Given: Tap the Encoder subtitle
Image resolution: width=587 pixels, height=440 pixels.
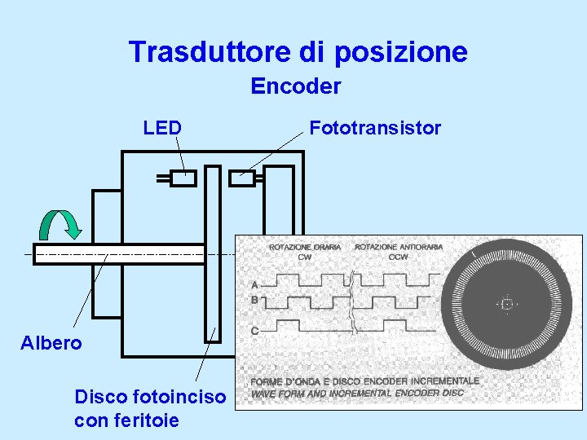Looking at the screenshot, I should [295, 86].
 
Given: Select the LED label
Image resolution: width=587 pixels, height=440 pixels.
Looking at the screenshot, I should [161, 128].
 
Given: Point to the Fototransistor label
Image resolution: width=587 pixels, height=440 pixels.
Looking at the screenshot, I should [375, 128].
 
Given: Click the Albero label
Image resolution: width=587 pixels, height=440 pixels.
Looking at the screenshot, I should [51, 343].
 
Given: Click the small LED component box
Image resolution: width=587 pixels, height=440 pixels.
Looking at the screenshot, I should [183, 178].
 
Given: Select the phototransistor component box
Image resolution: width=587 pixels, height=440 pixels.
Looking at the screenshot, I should [244, 178].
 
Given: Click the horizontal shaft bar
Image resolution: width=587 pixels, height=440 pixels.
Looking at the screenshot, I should [118, 254].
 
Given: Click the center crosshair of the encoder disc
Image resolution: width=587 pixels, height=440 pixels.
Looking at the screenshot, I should [506, 304].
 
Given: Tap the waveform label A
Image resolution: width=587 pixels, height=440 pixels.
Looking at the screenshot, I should [255, 285].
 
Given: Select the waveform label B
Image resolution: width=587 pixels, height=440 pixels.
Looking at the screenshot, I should [255, 300].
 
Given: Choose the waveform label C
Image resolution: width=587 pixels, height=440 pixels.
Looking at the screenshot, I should [255, 331].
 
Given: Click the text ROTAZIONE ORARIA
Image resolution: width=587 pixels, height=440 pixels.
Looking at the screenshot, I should [305, 247].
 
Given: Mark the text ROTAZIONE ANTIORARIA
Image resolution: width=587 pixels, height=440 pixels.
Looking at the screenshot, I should [399, 247].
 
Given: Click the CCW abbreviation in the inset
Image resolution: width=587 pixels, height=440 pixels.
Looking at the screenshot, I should [399, 257].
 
